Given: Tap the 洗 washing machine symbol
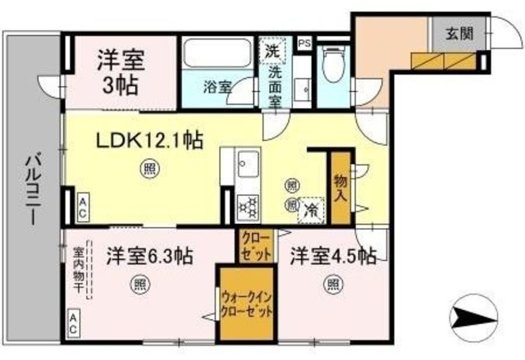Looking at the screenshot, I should (x=272, y=49).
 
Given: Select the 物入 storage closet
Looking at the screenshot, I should (x=340, y=186).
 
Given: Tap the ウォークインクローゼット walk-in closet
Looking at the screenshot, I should (x=245, y=303).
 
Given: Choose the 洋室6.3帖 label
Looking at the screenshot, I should (x=148, y=256).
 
